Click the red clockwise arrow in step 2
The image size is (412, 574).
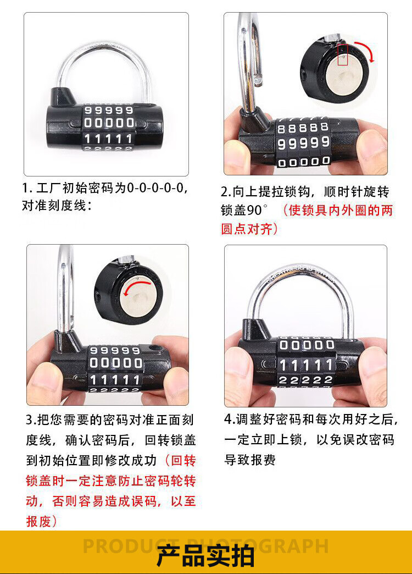366,50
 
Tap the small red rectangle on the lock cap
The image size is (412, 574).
342,55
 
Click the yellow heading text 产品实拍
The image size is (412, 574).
205,556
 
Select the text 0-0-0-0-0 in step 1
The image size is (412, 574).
155,188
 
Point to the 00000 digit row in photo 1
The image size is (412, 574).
109,123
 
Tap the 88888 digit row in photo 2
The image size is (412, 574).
303,128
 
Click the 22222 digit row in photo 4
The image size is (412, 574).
305,380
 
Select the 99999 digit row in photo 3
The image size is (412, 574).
115,351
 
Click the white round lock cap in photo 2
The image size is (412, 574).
347,76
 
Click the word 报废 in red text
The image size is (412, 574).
38,521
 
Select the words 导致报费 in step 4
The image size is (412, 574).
250,460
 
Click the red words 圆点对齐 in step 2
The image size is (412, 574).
247,229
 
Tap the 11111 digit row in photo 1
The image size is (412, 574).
108,139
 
